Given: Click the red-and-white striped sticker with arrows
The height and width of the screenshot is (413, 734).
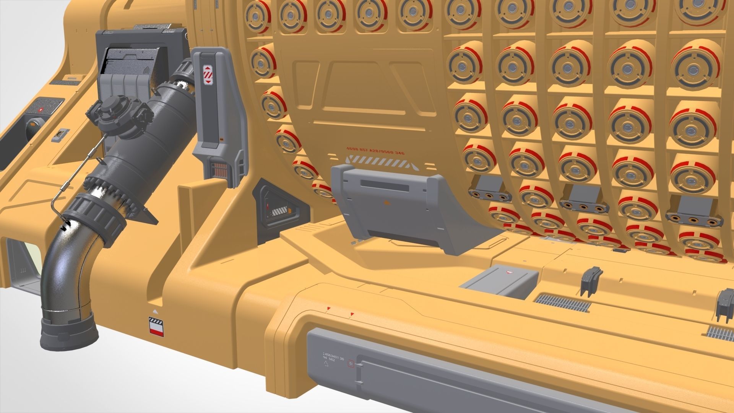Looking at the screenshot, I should pos(207,75).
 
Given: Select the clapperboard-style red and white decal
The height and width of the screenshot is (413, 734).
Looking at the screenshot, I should pos(156,327).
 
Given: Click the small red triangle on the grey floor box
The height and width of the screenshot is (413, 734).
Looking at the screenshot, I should pos(509,271).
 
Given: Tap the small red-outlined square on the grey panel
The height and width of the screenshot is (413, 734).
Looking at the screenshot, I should pos(351,364).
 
